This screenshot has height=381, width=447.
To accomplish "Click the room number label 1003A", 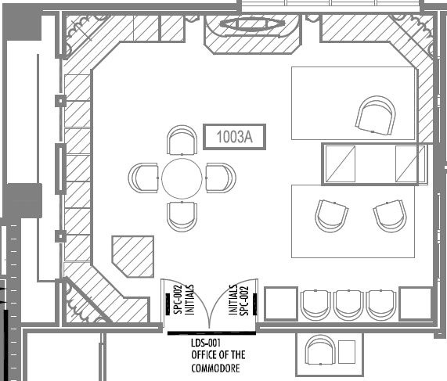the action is [234, 137].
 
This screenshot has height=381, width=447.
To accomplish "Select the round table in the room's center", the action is [182, 178].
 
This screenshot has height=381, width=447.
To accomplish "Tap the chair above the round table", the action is [182, 140].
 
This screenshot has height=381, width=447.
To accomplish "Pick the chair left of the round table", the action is [143, 178].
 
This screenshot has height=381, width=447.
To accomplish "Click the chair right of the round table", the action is [221, 178].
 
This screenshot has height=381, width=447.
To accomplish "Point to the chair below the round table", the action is [182, 217].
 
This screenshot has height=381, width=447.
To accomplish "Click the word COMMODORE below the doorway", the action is [215, 368].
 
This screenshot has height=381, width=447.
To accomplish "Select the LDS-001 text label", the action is [206, 343].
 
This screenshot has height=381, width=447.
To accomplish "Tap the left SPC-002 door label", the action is [178, 300].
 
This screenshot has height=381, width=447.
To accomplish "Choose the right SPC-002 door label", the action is [244, 301].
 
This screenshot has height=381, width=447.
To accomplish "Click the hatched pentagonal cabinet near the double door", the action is [133, 257].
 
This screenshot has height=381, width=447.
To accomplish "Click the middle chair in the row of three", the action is [348, 305].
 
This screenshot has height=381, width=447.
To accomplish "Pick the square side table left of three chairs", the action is [281, 304].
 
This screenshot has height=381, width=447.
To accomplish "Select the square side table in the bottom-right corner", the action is [416, 304].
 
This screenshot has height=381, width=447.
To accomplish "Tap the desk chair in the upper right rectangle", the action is [376, 116].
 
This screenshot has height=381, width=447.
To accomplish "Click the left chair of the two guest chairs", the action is [332, 216].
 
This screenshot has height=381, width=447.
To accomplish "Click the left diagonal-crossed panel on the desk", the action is [341, 164].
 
